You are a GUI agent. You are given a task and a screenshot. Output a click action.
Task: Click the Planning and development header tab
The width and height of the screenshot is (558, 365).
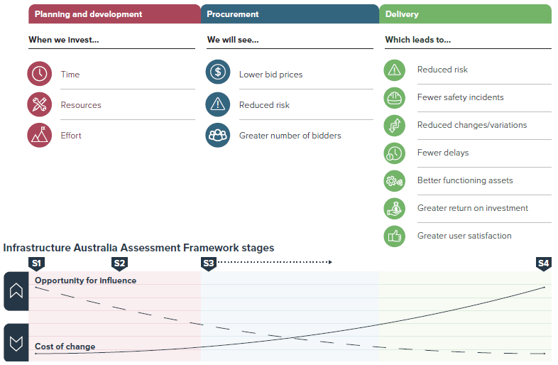point(114,14)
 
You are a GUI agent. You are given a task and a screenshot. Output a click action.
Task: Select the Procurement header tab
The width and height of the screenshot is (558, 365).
point(290,14)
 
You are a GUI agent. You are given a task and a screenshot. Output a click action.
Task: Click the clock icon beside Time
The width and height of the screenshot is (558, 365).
point(40,74)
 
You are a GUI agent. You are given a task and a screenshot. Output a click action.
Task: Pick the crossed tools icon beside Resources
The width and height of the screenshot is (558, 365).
point(40,104)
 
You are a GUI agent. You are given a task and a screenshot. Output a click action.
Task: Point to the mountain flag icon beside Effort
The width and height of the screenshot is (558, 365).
point(40,135)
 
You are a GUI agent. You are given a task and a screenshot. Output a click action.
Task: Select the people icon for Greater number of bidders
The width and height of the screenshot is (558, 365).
point(218,135)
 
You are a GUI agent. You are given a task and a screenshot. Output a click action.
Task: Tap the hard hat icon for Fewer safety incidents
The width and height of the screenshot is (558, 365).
point(394,97)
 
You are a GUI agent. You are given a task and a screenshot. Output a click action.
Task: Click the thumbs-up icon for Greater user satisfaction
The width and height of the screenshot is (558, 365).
point(394,236)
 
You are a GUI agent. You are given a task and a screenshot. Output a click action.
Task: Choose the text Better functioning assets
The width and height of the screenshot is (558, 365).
point(465,180)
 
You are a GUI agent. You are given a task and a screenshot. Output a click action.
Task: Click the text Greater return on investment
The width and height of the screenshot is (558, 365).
point(473,208)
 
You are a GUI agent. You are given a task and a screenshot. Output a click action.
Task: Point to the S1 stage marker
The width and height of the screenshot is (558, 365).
point(36,263)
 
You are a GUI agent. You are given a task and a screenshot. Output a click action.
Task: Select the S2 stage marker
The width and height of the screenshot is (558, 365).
point(119,263)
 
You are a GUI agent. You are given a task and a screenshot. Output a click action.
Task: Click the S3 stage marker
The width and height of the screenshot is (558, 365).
point(208,263)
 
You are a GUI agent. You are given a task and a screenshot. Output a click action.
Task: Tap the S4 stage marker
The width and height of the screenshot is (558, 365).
point(543,263)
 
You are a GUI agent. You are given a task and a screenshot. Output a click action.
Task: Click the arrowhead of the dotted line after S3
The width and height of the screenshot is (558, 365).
point(329,262)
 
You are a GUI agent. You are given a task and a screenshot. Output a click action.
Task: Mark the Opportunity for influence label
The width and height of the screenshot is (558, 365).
point(85,280)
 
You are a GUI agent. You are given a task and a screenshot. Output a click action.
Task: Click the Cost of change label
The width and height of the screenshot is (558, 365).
point(65,347)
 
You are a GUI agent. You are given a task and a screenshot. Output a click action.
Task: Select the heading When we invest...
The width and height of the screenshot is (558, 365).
point(64,40)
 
